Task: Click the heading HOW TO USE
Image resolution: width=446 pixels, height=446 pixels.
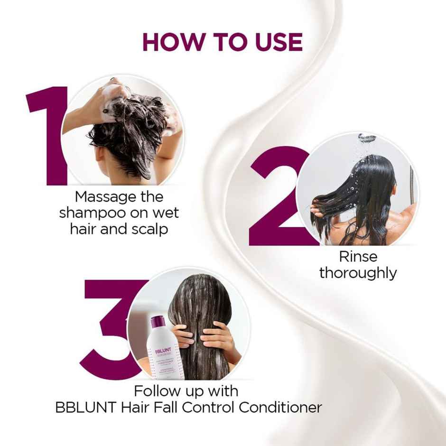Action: click(222, 42)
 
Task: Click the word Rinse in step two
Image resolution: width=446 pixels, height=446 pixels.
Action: click(358, 257)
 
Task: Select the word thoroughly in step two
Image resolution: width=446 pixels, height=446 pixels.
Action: click(358, 273)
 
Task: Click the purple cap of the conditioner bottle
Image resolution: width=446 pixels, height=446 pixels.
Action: click(158, 322)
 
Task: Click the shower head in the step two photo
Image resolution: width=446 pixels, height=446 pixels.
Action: click(366, 139)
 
